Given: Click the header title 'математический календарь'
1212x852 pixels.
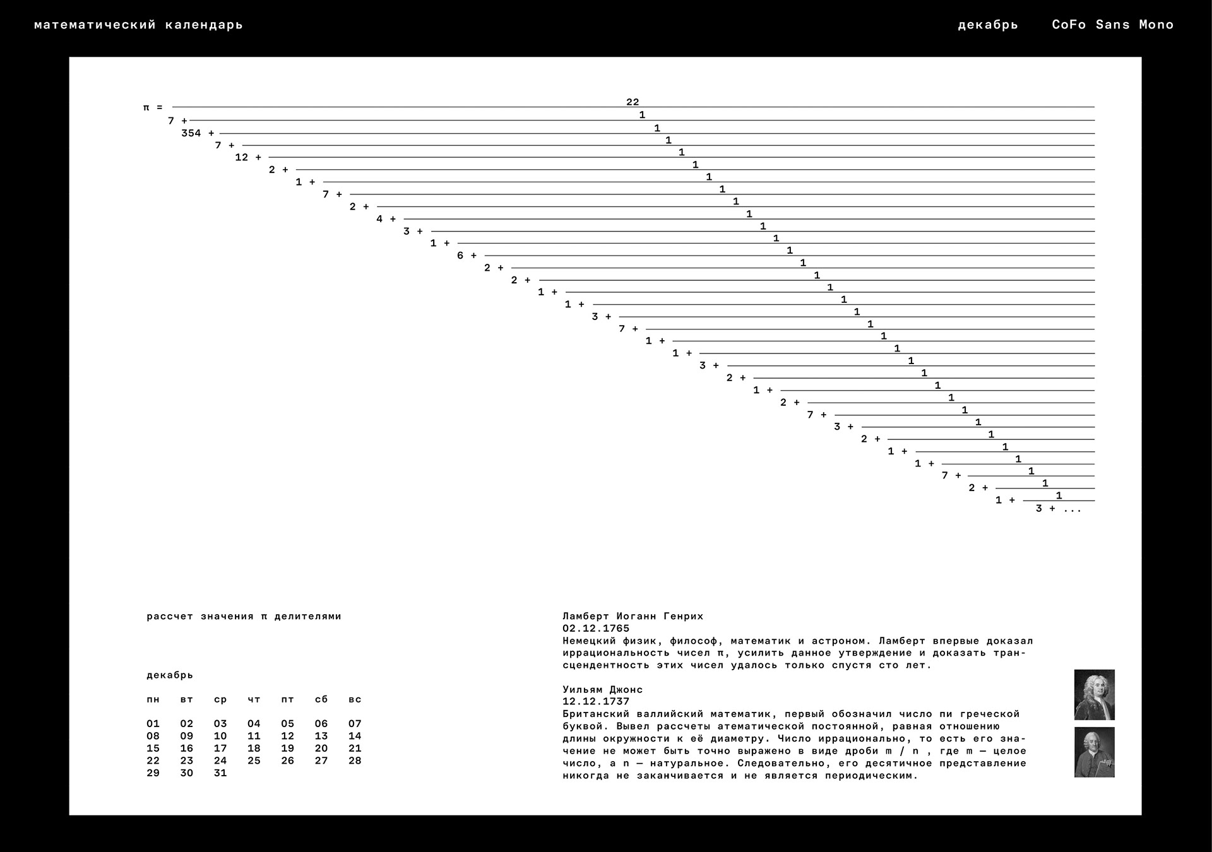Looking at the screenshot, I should [138, 25].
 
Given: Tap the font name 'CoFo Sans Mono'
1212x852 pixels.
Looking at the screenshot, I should [1112, 25].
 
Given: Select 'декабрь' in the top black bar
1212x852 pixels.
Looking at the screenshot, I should [988, 25].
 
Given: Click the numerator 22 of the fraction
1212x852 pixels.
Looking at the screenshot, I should [633, 102].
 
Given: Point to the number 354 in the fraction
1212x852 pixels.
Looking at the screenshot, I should [191, 133].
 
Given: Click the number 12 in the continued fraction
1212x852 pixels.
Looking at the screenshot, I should [242, 157].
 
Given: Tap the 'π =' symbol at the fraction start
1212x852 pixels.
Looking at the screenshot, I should [153, 108].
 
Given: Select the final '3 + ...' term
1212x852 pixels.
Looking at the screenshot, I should [1058, 509].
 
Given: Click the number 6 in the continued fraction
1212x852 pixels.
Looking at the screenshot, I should [460, 256].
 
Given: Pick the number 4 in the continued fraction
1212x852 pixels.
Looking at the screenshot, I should [379, 219].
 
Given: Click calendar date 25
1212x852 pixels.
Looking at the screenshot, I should [254, 760].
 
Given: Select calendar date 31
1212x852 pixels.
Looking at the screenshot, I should [220, 773].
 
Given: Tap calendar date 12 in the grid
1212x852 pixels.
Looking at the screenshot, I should [288, 736].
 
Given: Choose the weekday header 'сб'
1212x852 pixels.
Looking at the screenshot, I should [321, 699].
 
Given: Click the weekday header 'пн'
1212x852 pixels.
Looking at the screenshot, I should [153, 699].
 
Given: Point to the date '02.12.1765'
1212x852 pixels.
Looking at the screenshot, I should [596, 629].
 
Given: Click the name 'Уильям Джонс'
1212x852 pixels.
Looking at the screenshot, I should [602, 690].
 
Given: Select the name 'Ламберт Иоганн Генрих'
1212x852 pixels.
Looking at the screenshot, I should [633, 616].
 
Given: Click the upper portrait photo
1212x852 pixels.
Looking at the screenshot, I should [1094, 694].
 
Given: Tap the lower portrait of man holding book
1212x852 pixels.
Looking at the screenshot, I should [1094, 752].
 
